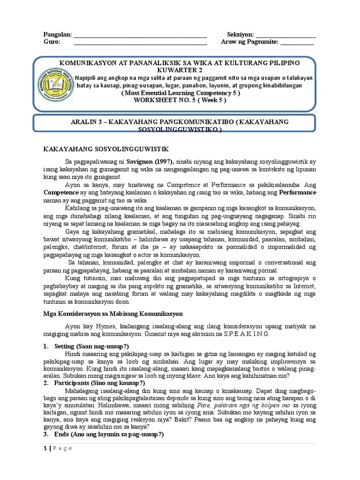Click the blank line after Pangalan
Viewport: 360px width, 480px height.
(141, 36)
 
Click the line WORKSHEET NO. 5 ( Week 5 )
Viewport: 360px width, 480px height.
(180, 100)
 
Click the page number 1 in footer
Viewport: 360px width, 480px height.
(45, 461)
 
